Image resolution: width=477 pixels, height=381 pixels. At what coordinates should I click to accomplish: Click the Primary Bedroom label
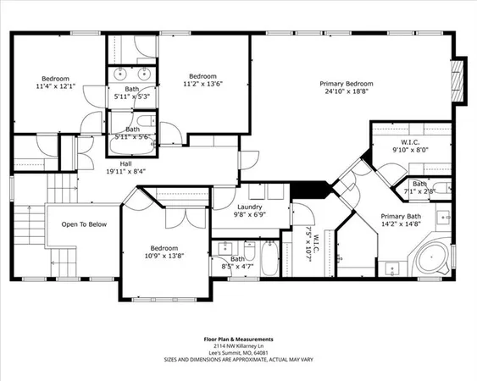click(347, 84)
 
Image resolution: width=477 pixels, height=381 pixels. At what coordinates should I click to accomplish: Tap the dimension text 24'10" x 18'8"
click(347, 92)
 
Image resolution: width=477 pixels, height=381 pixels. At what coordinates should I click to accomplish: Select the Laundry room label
click(249, 207)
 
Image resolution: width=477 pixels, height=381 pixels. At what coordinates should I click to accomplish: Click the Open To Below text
click(84, 224)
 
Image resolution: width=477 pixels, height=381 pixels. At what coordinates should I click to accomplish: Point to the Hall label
click(125, 163)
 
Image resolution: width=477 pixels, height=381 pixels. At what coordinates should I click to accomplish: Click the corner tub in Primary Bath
click(435, 256)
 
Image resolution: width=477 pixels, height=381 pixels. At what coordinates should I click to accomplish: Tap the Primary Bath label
click(399, 216)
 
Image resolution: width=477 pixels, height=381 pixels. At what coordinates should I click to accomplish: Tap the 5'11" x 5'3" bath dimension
click(131, 96)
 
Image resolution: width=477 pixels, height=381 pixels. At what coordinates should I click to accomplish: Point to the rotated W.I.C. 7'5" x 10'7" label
click(308, 243)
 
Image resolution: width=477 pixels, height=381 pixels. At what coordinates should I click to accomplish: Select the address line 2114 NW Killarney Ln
click(238, 347)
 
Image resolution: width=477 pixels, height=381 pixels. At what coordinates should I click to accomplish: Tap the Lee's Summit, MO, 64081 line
click(238, 354)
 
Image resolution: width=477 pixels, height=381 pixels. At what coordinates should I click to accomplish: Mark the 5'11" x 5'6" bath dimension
click(131, 136)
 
